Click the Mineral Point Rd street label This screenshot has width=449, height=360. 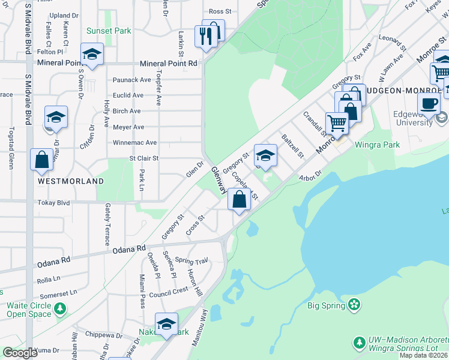169,63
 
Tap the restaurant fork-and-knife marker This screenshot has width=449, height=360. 205,35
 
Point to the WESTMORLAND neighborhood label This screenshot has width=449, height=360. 71,181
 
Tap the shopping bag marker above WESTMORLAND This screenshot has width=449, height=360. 42,160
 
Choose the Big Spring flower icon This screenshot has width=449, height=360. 355,305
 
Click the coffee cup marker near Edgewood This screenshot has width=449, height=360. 429,103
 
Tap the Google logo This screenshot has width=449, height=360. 20,353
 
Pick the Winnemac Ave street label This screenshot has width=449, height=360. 135,143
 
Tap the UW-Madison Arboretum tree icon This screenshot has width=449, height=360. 359,343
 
